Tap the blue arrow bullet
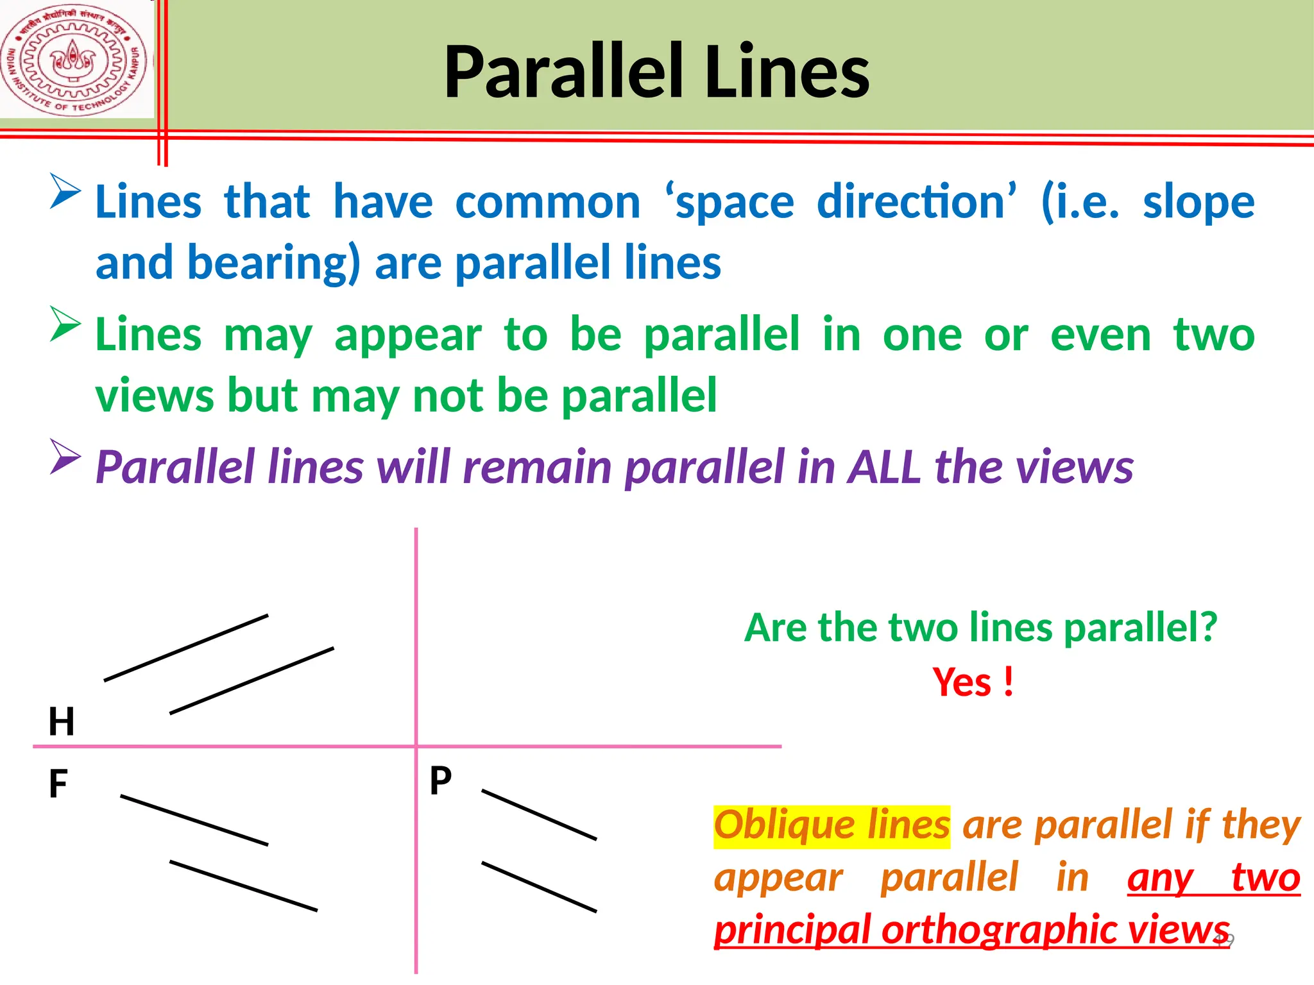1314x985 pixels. pos(65,190)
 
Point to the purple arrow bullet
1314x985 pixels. pos(65,457)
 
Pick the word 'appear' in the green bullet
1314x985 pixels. pos(408,336)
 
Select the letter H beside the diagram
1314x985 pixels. pos(62,721)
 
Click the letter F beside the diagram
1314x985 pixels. pos(58,784)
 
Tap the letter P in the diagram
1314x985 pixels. pos(441,780)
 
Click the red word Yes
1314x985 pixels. pos(962,682)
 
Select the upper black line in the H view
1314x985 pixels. pos(186,648)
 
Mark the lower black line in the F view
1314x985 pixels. pos(243,886)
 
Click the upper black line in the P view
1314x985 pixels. pos(539,814)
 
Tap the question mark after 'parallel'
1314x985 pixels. pos(1208,627)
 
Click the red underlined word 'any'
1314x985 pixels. pos(1160,878)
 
